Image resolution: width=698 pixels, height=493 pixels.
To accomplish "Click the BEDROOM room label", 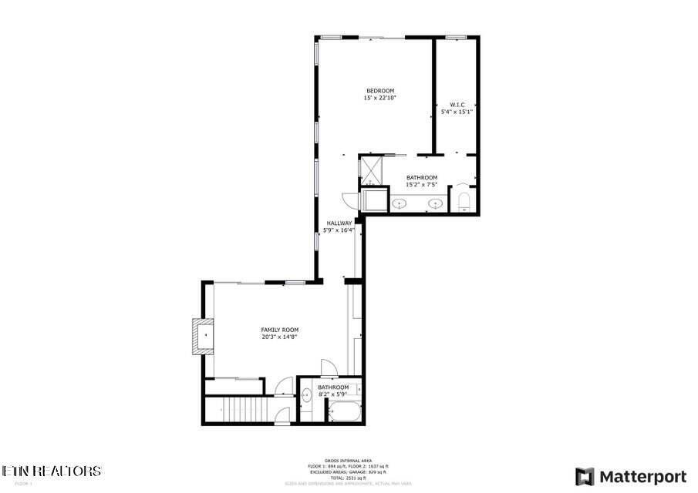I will coord(379,91).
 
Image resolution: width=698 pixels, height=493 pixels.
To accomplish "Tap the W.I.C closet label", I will coord(456,104).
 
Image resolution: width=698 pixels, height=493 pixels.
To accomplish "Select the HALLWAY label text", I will coord(339,223).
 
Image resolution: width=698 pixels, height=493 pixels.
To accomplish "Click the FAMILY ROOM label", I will coord(279,330).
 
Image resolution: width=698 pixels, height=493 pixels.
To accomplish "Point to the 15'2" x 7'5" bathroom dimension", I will coord(421,185).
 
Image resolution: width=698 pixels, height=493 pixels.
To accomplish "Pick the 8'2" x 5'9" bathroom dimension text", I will coord(333,394).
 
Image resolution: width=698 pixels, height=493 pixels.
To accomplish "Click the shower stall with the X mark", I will coord(371,169).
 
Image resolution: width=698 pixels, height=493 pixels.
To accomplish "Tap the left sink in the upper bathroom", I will coord(400,204).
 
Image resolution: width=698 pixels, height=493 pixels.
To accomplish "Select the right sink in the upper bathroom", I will coord(437,204).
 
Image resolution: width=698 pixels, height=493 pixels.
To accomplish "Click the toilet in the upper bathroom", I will coord(464,202).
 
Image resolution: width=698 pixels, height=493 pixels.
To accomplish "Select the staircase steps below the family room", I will coord(243,409).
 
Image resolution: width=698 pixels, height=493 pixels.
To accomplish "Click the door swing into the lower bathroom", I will coord(328,369).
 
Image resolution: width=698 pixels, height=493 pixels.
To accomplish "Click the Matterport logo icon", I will coord(585,476).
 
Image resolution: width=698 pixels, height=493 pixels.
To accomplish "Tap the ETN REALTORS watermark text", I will coord(51,471).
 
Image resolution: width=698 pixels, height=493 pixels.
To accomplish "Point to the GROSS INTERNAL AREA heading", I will coord(344,461).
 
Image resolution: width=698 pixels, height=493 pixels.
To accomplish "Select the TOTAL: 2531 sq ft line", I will coord(344,478).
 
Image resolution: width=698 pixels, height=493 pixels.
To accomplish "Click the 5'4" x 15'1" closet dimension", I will coord(456,112).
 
